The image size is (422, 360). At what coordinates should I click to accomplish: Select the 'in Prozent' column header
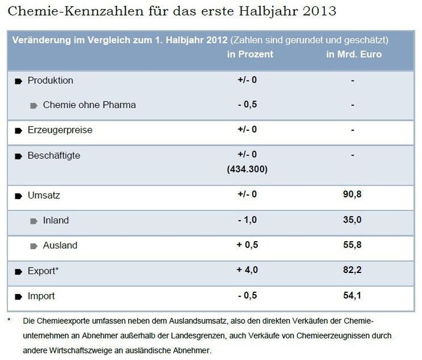click(250, 55)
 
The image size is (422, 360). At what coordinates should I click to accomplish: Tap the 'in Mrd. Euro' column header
click(354, 55)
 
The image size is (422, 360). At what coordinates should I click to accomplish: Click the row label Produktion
click(50, 80)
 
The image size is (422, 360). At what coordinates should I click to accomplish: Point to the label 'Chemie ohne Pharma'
click(89, 105)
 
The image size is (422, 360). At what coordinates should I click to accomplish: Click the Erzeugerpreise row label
click(60, 130)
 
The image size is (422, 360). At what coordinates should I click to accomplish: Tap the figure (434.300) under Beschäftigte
click(248, 170)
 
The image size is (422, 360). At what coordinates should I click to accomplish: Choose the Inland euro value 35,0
click(353, 220)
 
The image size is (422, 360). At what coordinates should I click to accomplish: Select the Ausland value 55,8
click(353, 245)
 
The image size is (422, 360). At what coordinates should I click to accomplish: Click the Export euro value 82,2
click(353, 271)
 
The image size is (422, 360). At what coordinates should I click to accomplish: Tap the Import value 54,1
click(353, 296)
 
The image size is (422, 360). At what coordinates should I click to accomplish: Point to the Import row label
click(41, 296)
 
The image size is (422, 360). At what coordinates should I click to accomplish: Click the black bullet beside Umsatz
click(18, 196)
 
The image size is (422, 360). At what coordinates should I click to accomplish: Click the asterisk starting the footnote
click(10, 320)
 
